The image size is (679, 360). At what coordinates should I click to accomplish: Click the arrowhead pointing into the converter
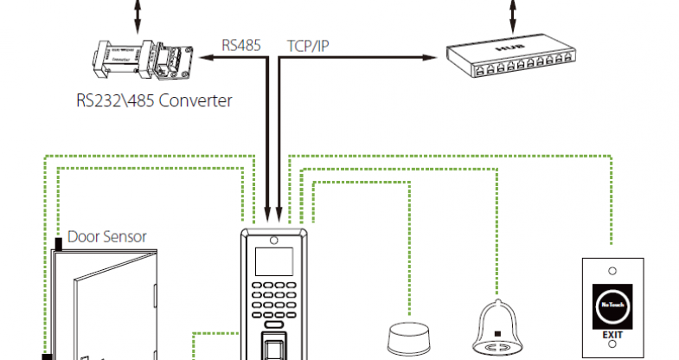tap(205, 58)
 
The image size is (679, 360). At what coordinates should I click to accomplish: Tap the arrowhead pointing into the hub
tap(430, 58)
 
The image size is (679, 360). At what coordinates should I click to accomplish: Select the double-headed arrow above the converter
tap(135, 13)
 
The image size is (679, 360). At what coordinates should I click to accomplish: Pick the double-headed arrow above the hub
tap(514, 13)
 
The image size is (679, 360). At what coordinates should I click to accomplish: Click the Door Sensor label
tap(107, 236)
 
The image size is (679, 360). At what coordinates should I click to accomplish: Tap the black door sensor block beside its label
tap(58, 245)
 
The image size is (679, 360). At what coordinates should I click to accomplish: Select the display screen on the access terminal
tap(273, 260)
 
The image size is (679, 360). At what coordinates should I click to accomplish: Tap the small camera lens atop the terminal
tap(273, 241)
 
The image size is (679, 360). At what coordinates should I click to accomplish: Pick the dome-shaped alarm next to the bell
tap(407, 337)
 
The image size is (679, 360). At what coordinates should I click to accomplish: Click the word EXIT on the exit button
tap(612, 332)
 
